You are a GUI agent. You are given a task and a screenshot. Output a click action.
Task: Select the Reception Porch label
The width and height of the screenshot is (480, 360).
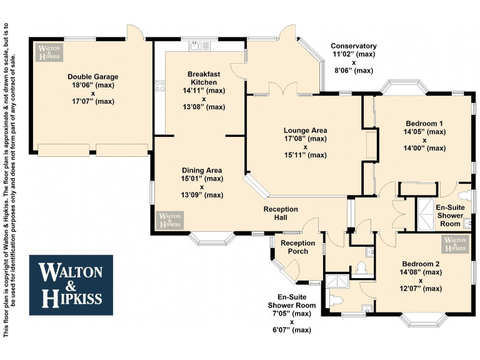[x=297, y=247]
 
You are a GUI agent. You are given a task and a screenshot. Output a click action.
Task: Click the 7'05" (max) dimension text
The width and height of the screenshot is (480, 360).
[x=291, y=314]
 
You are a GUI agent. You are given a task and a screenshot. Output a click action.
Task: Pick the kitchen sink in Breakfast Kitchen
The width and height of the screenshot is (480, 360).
[x=199, y=45]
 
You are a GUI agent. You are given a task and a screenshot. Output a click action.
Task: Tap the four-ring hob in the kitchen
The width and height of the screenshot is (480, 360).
[x=160, y=85]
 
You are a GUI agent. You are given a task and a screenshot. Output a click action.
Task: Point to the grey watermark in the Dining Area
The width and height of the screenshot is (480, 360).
[x=169, y=219]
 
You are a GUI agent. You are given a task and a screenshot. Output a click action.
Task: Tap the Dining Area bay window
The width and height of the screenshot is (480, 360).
[x=212, y=238]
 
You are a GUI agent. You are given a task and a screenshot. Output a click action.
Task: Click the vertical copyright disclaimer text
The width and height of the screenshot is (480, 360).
[x=10, y=180]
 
